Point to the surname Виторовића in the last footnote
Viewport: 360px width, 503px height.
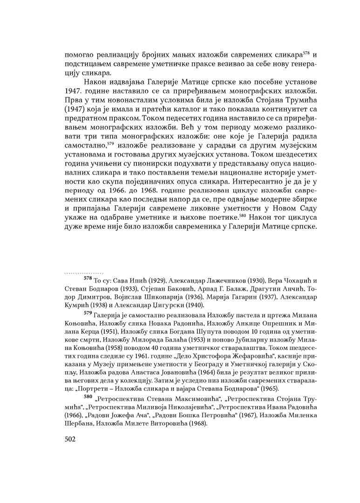[x=156, y=425]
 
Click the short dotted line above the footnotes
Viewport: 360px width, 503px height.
[x=83, y=271]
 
